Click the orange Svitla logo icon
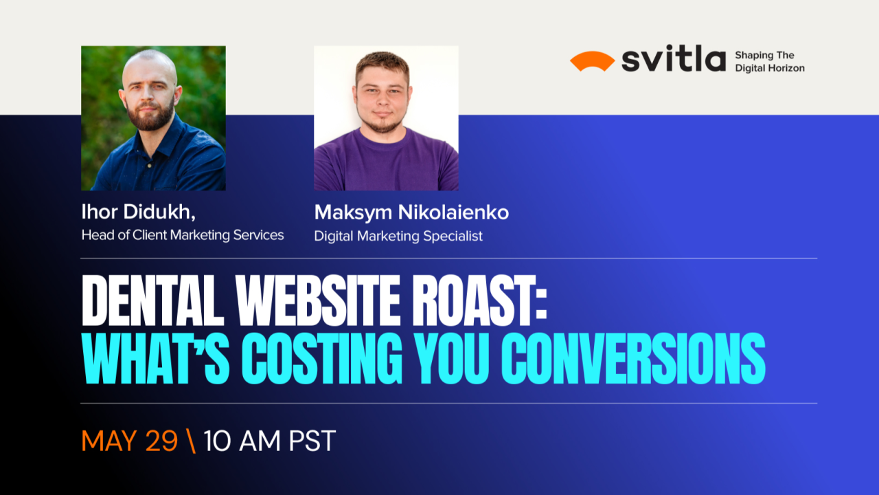591,61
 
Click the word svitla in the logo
673,60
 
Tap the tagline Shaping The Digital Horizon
769,61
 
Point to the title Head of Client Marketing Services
183,235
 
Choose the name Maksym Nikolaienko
411,212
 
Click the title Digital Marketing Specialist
398,236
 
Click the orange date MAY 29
129,441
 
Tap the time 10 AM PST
269,441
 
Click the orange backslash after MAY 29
191,441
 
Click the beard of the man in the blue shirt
152,118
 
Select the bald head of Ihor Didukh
150,65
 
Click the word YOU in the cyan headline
448,360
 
